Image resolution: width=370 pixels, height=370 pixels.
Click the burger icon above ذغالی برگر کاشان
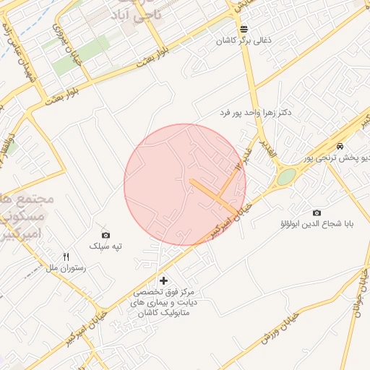[x=244, y=29]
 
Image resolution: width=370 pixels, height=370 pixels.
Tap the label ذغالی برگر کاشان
[x=244, y=41]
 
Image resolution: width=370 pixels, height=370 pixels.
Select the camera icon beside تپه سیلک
[x=106, y=235]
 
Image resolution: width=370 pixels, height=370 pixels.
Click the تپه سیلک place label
[x=106, y=246]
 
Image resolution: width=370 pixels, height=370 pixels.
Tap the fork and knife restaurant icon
[x=66, y=257]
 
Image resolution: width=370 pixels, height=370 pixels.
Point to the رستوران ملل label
[x=66, y=268]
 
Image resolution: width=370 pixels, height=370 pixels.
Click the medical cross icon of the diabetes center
[x=163, y=280]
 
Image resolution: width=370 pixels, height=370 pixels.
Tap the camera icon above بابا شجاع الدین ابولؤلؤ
[x=317, y=212]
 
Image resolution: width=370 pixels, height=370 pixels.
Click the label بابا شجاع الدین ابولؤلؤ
[x=317, y=224]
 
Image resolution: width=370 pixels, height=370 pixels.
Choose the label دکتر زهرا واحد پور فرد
[x=257, y=113]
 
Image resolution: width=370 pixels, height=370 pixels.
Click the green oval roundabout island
[x=286, y=177]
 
